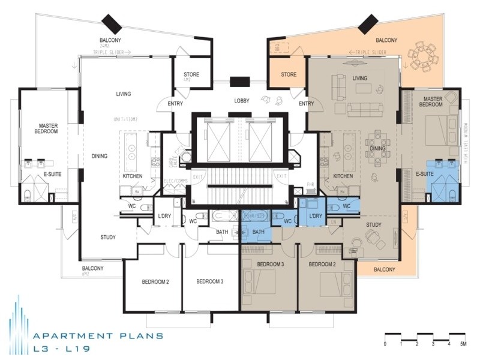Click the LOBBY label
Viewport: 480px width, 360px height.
click(x=242, y=100)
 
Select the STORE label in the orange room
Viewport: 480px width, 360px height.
click(x=289, y=75)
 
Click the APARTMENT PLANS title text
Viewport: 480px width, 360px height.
click(x=98, y=336)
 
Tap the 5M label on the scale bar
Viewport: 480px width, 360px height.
click(x=463, y=344)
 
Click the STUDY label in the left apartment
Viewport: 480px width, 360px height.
click(x=108, y=237)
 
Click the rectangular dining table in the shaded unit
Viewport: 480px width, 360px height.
click(x=378, y=148)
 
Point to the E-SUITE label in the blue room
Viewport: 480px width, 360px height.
click(x=425, y=174)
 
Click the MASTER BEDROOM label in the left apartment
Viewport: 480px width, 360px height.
click(x=46, y=128)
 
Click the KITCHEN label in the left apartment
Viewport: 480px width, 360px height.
click(x=132, y=176)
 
